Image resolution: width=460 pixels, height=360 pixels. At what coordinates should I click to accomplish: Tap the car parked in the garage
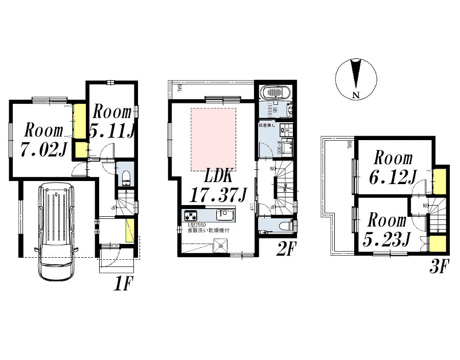click(56, 230)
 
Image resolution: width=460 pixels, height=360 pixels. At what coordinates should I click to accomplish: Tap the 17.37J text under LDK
click(212, 195)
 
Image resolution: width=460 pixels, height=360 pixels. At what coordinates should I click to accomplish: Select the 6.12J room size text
click(392, 177)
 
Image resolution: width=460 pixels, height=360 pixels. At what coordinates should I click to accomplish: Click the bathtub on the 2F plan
click(275, 94)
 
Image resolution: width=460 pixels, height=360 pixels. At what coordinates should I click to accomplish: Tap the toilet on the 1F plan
click(126, 179)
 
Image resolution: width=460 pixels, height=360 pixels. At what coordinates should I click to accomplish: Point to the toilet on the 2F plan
click(287, 225)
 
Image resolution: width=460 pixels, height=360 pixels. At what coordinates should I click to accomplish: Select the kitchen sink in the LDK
click(224, 214)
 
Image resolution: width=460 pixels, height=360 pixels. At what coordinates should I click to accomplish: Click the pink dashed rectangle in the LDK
click(213, 139)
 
